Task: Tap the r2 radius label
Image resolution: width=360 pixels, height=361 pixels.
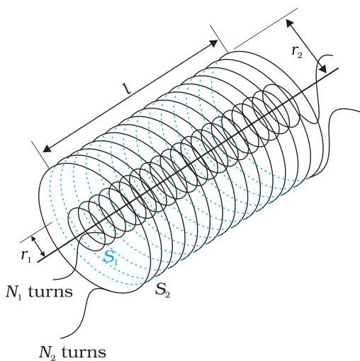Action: point(296,52)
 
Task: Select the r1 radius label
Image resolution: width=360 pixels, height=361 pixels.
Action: point(26,256)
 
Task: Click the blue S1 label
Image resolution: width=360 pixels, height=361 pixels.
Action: point(110,257)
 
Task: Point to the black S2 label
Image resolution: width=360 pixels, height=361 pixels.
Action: point(162,290)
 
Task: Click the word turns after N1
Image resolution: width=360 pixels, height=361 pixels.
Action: point(50,292)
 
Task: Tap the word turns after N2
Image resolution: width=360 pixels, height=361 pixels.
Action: point(84,353)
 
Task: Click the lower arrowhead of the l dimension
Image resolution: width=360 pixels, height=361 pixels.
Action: point(47,149)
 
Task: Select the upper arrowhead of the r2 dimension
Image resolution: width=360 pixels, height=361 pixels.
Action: point(289,23)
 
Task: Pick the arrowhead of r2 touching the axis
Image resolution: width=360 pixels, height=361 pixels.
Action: point(323,69)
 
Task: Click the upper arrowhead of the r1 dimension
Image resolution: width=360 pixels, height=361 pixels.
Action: point(34,239)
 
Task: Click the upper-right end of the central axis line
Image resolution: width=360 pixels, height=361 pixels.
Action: point(339,68)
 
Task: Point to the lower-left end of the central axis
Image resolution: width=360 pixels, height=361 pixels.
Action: point(38,261)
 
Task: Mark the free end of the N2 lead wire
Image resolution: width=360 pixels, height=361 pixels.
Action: point(60,338)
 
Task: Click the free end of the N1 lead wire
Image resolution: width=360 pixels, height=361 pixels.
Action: point(53,280)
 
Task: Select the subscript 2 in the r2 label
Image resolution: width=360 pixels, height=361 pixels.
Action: point(299,55)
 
